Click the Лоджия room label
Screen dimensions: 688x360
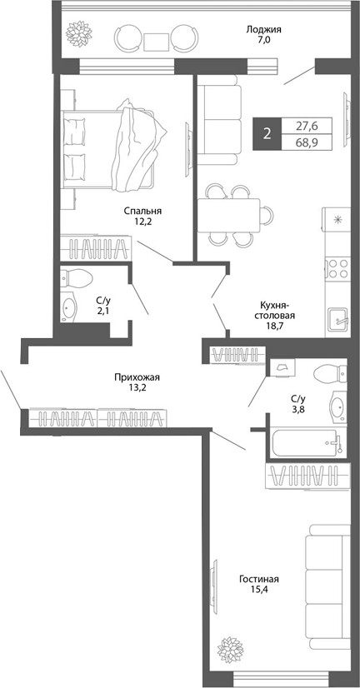coord(263,28)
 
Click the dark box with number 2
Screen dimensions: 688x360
coord(267,133)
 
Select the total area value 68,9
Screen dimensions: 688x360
coord(307,142)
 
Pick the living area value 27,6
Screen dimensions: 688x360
coord(307,126)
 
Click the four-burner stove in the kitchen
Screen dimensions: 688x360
coord(337,268)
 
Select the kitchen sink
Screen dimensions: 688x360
coord(337,317)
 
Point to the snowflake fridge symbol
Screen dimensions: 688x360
coord(337,221)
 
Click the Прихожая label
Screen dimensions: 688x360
coord(137,377)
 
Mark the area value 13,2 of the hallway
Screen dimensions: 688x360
coord(137,389)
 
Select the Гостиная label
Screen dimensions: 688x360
coord(258,580)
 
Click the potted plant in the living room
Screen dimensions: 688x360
coord(227,648)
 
